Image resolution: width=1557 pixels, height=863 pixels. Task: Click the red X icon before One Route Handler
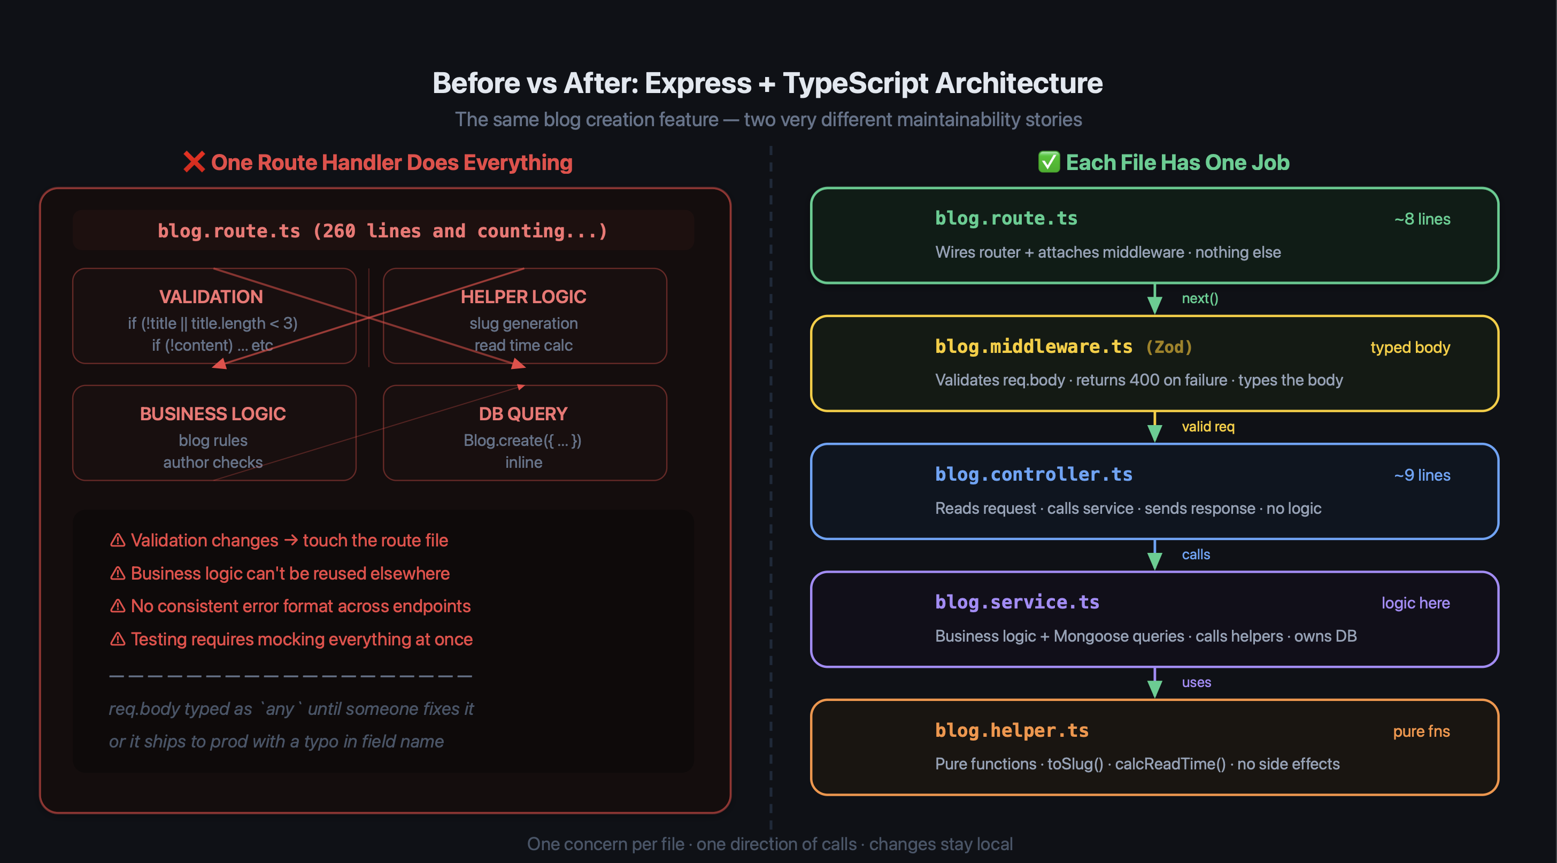click(194, 162)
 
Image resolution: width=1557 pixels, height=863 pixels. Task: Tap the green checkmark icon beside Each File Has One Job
click(1049, 162)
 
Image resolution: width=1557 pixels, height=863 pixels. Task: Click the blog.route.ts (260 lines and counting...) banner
click(383, 230)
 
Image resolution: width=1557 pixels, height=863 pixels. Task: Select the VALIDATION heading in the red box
click(211, 297)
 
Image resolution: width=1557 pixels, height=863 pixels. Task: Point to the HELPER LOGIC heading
click(523, 297)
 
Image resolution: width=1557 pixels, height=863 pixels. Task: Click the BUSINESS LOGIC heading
click(213, 414)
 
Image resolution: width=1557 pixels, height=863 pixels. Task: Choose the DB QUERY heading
click(523, 414)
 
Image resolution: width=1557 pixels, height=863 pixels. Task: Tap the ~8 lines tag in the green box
click(1422, 219)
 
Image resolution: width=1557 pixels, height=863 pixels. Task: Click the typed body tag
click(1410, 348)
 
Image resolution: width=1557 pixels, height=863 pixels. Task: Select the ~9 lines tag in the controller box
click(1422, 475)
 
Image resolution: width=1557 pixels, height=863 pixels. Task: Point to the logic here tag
click(1415, 603)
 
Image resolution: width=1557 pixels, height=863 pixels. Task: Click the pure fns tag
click(1422, 731)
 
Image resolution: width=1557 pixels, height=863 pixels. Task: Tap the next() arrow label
click(1200, 298)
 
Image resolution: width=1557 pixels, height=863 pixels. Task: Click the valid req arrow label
click(1208, 427)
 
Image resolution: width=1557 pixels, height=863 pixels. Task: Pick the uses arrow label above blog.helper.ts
click(1196, 682)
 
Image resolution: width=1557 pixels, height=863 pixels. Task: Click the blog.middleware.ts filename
click(1034, 346)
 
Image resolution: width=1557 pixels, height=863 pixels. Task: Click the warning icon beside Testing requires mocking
click(118, 639)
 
